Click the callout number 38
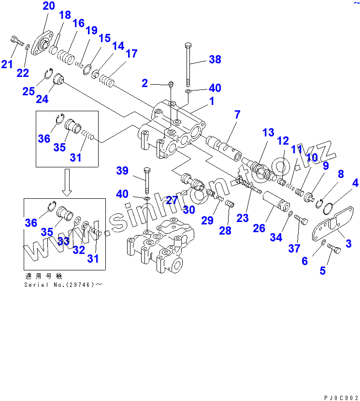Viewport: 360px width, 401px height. [215, 59]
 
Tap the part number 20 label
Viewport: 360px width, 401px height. [49, 6]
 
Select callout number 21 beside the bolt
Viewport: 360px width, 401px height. [7, 63]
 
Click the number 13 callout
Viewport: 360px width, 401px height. [268, 133]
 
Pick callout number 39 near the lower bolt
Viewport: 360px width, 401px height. [122, 171]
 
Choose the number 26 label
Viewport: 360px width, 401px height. [259, 227]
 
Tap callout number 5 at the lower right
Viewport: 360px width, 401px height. [322, 270]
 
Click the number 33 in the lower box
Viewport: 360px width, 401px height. [64, 241]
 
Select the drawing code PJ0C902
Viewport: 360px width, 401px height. [341, 397]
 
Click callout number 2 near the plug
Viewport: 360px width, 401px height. [144, 84]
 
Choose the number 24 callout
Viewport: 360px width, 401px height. [42, 99]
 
